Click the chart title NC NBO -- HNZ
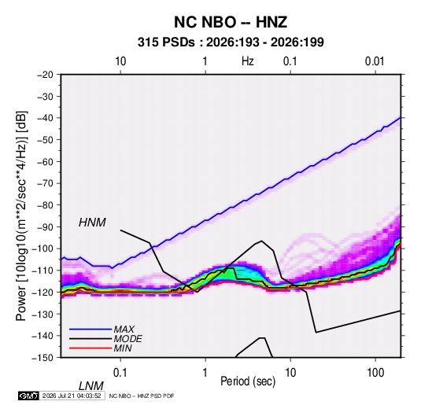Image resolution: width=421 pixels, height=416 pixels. (231, 22)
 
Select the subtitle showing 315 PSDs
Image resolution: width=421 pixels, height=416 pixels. (231, 42)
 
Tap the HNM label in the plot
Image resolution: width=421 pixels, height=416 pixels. (92, 223)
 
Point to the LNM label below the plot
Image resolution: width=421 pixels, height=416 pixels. (90, 386)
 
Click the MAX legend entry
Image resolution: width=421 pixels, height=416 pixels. (124, 329)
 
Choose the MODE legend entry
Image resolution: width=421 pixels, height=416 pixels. (127, 339)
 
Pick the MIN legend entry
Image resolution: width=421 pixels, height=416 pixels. (123, 348)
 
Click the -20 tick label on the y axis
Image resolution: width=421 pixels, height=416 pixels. (45, 75)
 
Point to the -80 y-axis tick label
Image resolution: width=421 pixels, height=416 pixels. (45, 205)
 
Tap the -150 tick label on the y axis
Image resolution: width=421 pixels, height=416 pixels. (42, 358)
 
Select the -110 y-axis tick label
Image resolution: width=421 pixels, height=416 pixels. (42, 271)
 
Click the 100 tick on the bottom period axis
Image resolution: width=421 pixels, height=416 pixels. (375, 373)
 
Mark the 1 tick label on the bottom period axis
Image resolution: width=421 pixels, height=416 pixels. (205, 373)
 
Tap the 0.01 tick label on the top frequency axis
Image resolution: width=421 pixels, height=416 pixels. (375, 61)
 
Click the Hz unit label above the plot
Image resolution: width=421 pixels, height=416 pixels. (247, 61)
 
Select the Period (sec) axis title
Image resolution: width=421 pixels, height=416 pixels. (248, 381)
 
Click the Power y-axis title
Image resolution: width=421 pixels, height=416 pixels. (21, 216)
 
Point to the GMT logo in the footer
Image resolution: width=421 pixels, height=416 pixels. (29, 396)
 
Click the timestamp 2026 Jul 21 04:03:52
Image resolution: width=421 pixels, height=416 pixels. (72, 396)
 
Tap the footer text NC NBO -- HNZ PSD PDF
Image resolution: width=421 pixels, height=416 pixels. (142, 396)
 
